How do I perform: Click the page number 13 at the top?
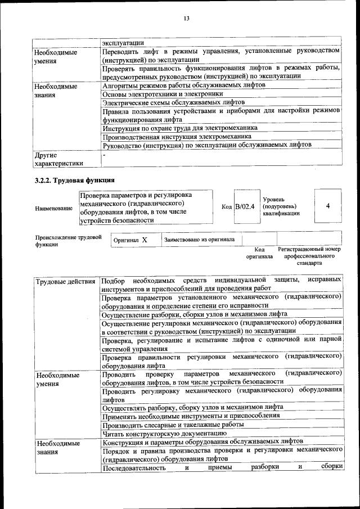(x=186, y=19)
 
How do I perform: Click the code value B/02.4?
(x=245, y=207)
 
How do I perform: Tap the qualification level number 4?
(x=327, y=206)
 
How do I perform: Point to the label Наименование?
(x=53, y=208)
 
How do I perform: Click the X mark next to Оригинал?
(x=144, y=240)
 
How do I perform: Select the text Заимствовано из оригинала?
(x=199, y=239)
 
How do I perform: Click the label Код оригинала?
(x=259, y=253)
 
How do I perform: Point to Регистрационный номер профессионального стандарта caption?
(x=309, y=255)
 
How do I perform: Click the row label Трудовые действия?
(x=65, y=281)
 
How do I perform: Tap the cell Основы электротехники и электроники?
(x=159, y=94)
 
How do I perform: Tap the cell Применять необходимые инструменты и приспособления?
(x=191, y=416)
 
